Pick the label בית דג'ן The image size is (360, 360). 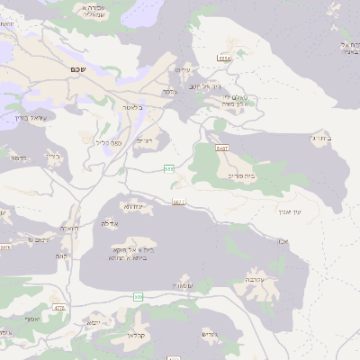(x=322, y=138)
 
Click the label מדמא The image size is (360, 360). (x=17, y=157)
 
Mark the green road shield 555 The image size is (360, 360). (x=168, y=168)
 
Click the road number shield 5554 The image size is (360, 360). (x=224, y=57)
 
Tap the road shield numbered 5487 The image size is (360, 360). (x=222, y=147)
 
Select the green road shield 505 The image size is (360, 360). (x=138, y=297)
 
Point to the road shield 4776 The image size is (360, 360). (x=59, y=308)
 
